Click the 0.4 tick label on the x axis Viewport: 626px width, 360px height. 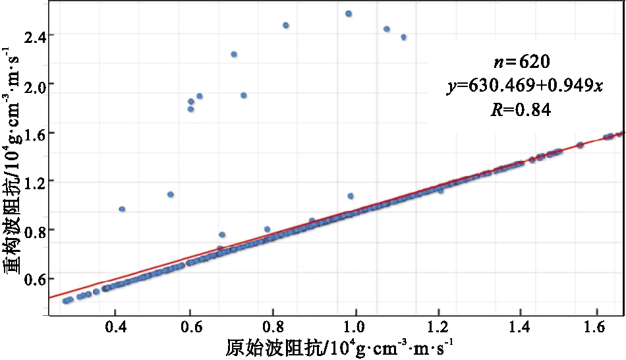pyautogui.click(x=115, y=326)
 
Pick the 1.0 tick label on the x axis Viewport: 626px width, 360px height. pyautogui.click(x=356, y=326)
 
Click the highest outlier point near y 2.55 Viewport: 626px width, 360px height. pyautogui.click(x=349, y=13)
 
